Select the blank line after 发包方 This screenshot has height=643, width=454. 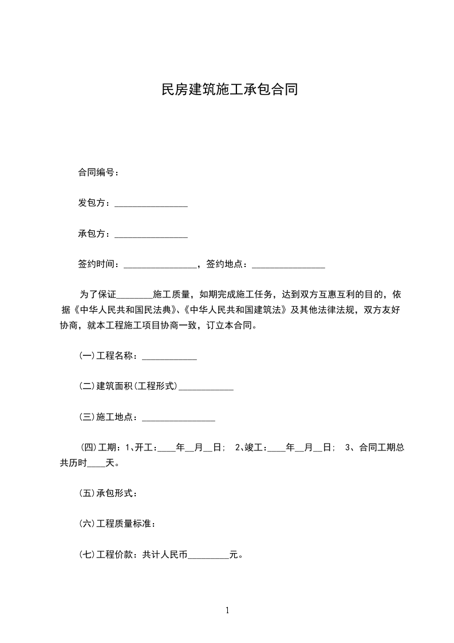[151, 205]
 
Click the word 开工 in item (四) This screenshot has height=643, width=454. [143, 448]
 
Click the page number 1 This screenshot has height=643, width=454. [227, 611]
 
